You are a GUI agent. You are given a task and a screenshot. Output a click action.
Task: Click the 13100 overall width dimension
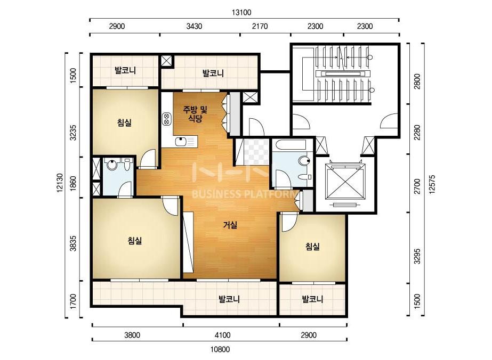[241, 13]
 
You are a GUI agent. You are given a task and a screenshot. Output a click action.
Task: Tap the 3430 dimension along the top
[194, 26]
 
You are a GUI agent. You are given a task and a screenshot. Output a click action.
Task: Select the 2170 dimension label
[260, 26]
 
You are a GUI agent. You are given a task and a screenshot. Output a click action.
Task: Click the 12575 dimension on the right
[432, 184]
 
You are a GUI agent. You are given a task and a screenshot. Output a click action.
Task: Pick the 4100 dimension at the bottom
[222, 335]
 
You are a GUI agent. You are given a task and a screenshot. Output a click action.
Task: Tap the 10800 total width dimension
[220, 349]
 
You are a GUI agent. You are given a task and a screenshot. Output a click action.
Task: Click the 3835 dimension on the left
[73, 243]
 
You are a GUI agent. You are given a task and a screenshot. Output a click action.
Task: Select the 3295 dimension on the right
[417, 256]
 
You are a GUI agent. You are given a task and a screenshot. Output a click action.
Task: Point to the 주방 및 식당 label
[195, 114]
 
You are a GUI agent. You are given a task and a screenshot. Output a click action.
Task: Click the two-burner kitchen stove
[166, 119]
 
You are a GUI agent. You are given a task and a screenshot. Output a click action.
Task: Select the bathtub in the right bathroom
[289, 145]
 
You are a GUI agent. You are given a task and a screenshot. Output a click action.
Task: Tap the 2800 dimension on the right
[417, 81]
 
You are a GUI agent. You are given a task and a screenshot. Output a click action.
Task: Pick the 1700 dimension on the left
[73, 301]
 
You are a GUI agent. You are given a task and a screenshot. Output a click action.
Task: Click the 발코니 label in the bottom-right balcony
[312, 299]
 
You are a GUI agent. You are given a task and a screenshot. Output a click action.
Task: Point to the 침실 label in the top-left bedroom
[124, 122]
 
